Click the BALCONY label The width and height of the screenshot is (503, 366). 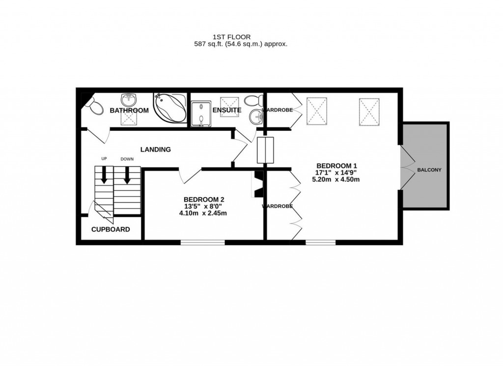click(x=429, y=170)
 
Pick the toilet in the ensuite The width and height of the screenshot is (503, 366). click(x=253, y=101)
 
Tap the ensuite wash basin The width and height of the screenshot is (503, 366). click(x=256, y=117)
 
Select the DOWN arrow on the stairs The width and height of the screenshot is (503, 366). click(x=127, y=175)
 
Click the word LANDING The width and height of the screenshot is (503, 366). click(x=155, y=150)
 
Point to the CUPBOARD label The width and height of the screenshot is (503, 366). click(x=111, y=229)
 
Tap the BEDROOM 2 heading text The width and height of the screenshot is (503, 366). click(x=204, y=199)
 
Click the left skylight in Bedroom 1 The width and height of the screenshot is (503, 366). click(x=317, y=111)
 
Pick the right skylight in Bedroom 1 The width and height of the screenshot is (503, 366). click(x=369, y=112)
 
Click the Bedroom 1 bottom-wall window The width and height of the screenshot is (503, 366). click(x=321, y=242)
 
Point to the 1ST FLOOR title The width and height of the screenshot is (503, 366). click(x=231, y=37)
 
